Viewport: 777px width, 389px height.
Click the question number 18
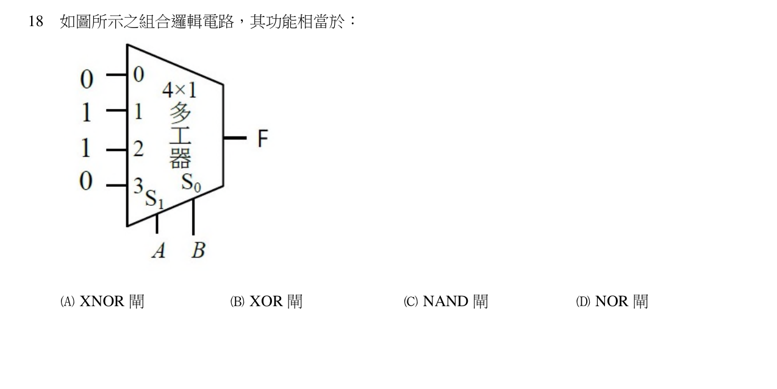click(36, 21)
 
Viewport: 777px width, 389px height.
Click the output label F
click(263, 138)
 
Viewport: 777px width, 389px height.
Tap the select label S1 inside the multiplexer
click(154, 198)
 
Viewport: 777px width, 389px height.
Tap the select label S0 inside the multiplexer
click(191, 183)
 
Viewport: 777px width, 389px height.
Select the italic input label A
click(159, 250)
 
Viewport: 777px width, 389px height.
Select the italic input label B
click(198, 250)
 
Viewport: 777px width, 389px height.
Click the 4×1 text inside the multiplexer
click(179, 90)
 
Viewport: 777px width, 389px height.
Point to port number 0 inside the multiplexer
click(138, 74)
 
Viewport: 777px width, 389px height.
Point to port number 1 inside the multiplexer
click(138, 112)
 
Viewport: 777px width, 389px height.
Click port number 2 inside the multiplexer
click(138, 149)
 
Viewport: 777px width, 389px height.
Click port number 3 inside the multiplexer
click(138, 186)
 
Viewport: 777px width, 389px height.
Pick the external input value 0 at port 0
click(87, 79)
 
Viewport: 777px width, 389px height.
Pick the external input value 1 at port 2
click(86, 148)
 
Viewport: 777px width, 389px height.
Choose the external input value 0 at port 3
click(86, 181)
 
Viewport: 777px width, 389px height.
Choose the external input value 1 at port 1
click(87, 113)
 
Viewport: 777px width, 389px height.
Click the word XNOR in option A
click(102, 301)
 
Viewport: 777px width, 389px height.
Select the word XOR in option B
click(266, 301)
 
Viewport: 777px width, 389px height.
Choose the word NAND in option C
click(446, 301)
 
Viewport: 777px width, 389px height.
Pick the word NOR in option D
click(612, 301)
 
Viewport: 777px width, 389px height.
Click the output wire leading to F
click(235, 138)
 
